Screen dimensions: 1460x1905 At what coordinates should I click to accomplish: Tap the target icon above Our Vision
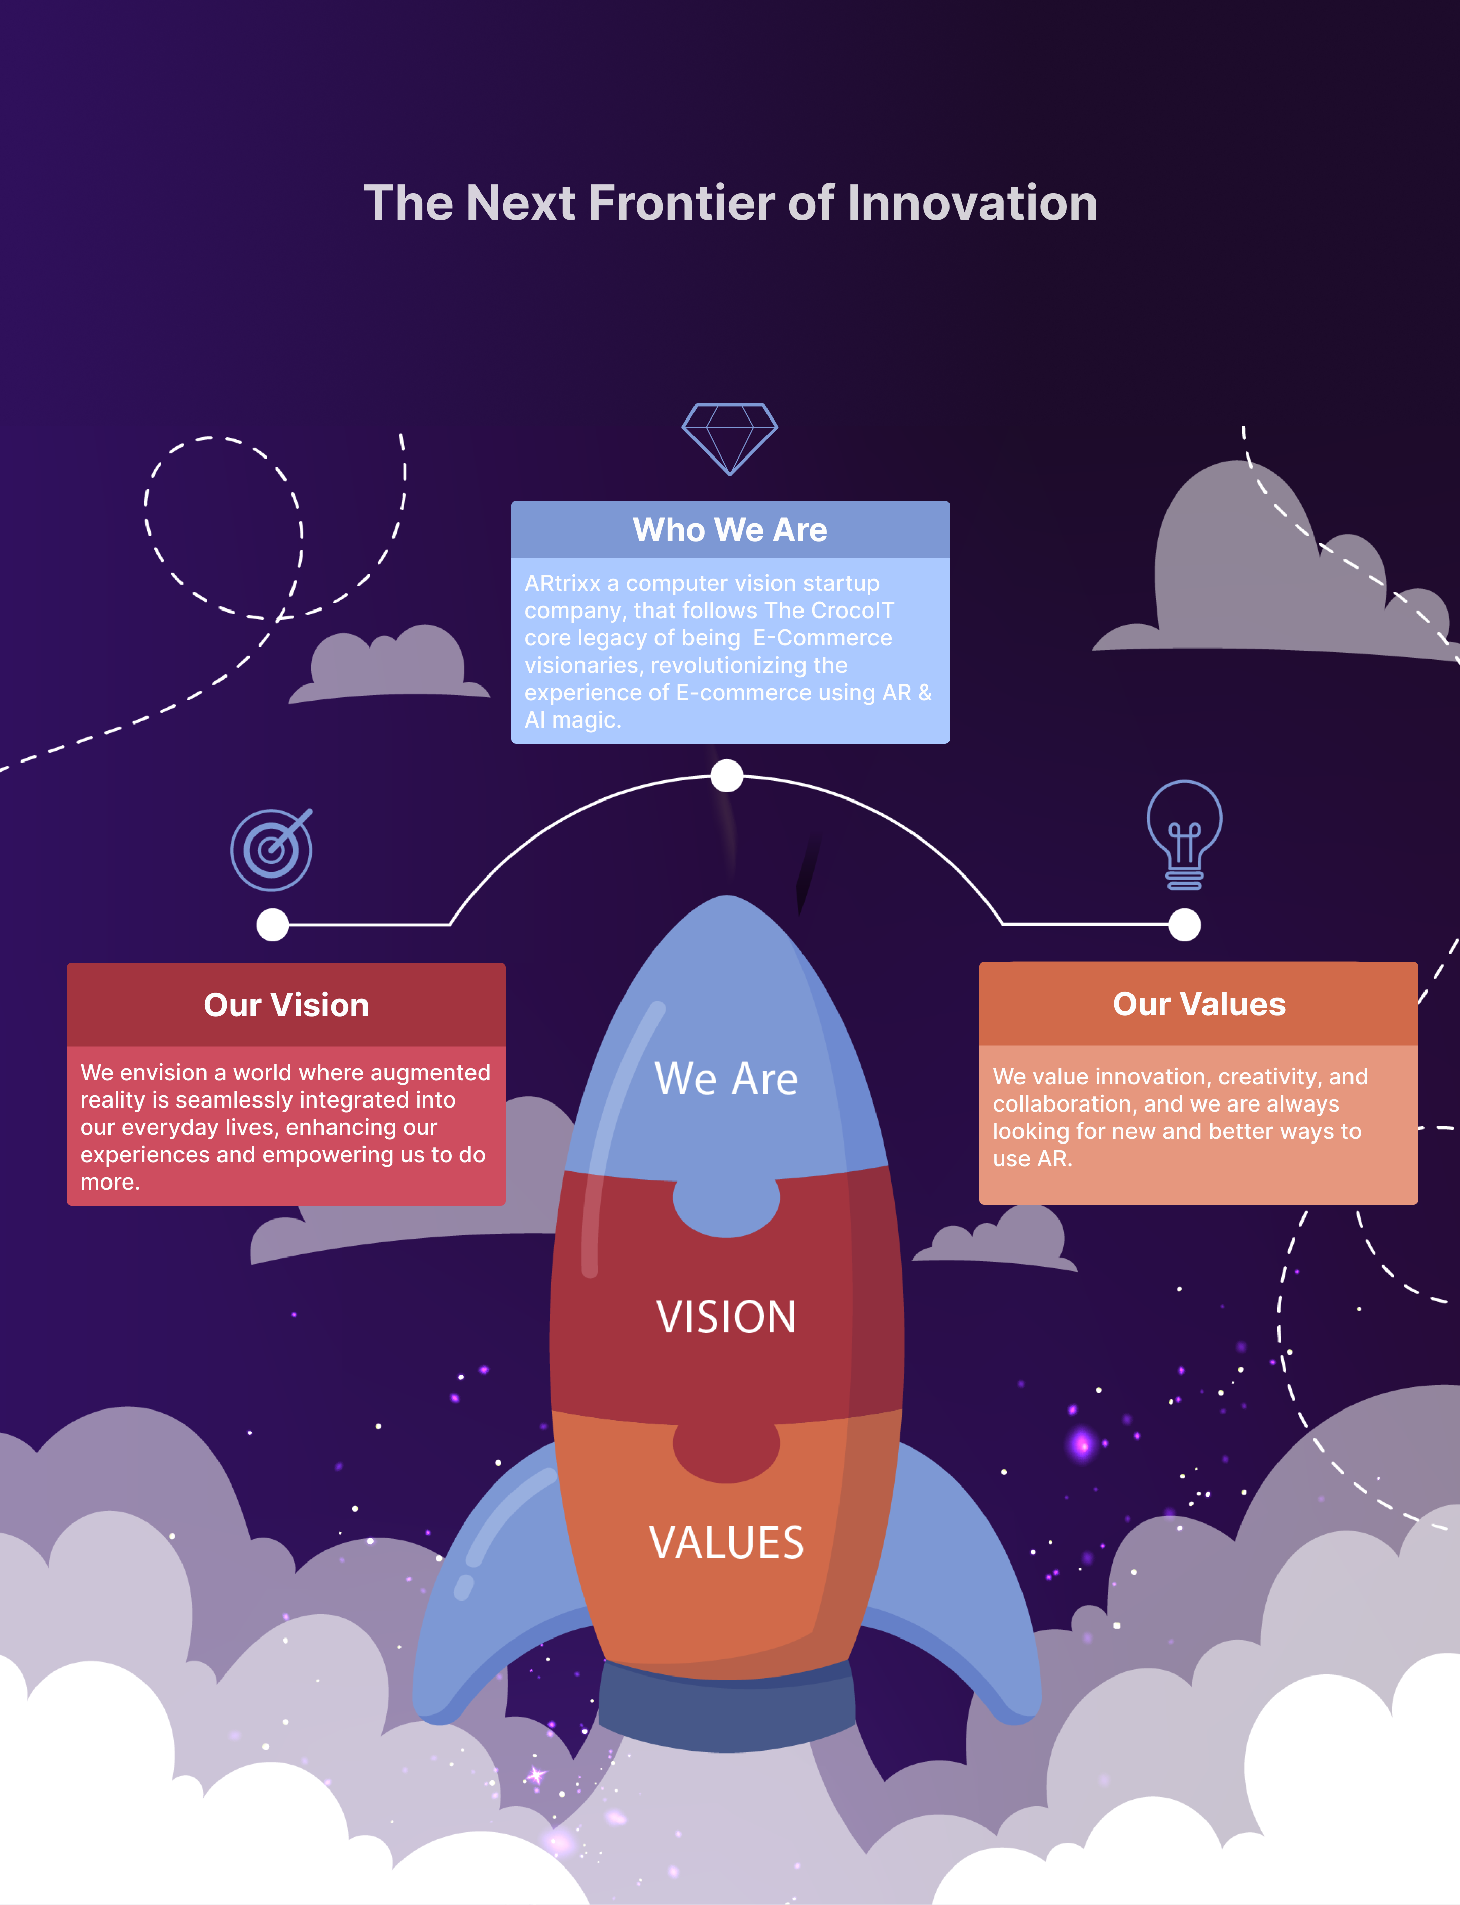(271, 850)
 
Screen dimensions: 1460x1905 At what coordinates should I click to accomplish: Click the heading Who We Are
(730, 530)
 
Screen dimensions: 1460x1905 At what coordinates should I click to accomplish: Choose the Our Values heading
(1199, 1004)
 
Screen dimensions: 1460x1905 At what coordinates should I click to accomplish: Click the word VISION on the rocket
(726, 1317)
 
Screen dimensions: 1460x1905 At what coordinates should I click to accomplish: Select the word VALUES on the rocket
(726, 1543)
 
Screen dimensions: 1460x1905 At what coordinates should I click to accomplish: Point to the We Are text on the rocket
(726, 1079)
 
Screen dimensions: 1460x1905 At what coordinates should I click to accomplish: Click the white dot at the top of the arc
(726, 776)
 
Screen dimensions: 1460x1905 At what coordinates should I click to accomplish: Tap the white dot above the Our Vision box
(273, 925)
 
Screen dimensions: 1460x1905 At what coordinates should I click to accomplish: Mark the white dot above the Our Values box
(1185, 925)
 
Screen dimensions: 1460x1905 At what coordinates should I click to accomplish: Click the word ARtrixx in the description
(562, 583)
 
